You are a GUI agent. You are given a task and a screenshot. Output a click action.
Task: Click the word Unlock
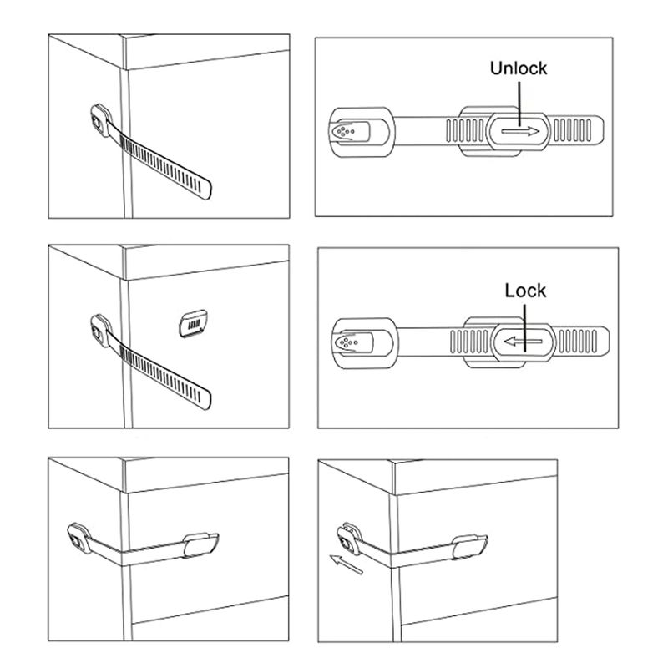519,68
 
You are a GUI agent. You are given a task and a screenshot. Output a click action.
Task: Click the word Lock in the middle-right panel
525,291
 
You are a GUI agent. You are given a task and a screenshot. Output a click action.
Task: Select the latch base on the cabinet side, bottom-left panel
79,539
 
